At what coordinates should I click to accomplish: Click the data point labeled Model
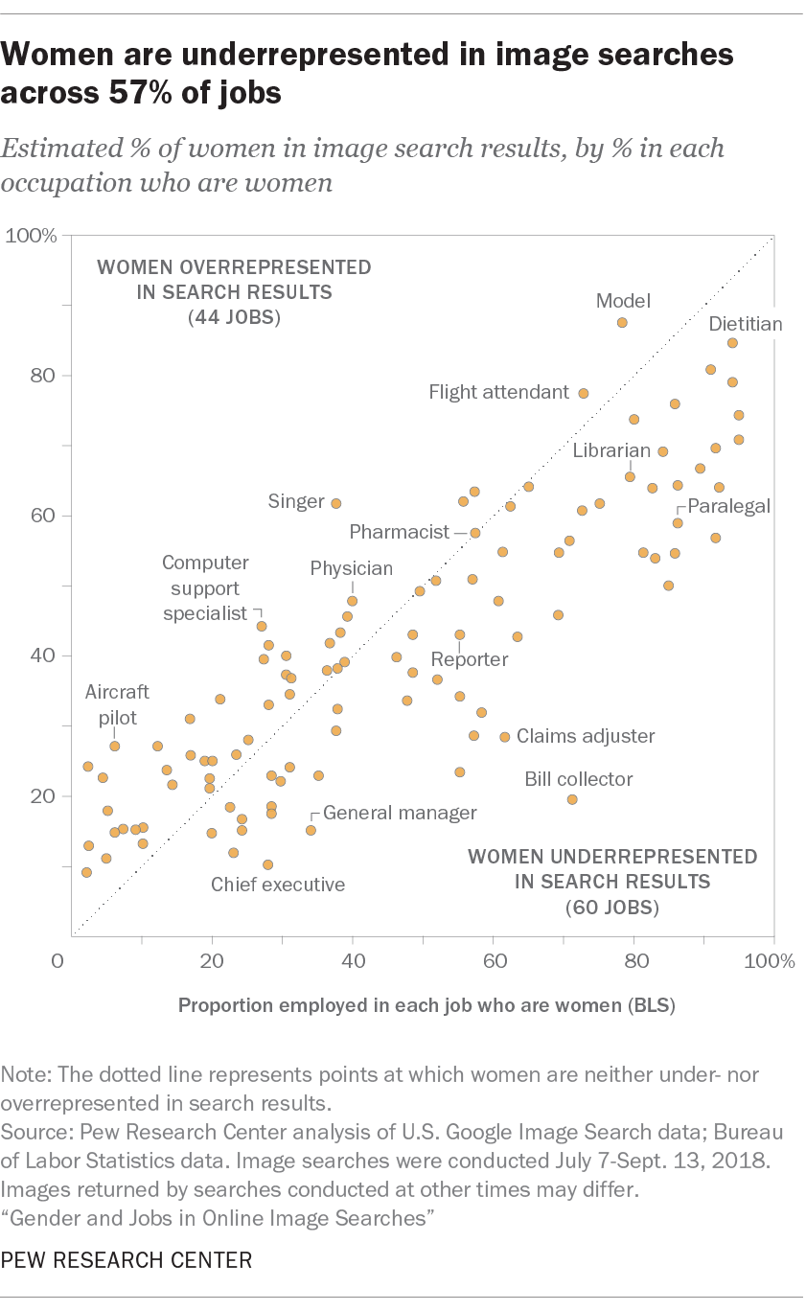(622, 323)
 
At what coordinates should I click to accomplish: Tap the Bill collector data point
(572, 799)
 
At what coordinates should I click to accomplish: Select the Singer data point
(336, 503)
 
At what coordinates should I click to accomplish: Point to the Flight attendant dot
(583, 393)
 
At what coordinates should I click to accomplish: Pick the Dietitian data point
(732, 343)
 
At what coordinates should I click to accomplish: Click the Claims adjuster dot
(505, 737)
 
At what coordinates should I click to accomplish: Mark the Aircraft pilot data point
(114, 746)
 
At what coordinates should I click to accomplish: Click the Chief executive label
(278, 885)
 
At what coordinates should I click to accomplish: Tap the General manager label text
(400, 813)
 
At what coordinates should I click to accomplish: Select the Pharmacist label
(400, 531)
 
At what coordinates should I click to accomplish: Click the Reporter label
(469, 659)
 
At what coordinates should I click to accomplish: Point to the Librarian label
(612, 449)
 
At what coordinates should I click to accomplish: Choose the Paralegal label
(729, 506)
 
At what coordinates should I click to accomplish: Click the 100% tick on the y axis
(33, 236)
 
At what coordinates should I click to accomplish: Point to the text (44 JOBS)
(234, 317)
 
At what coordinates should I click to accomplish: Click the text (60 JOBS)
(613, 906)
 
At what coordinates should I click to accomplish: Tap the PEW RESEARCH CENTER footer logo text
(127, 1260)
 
